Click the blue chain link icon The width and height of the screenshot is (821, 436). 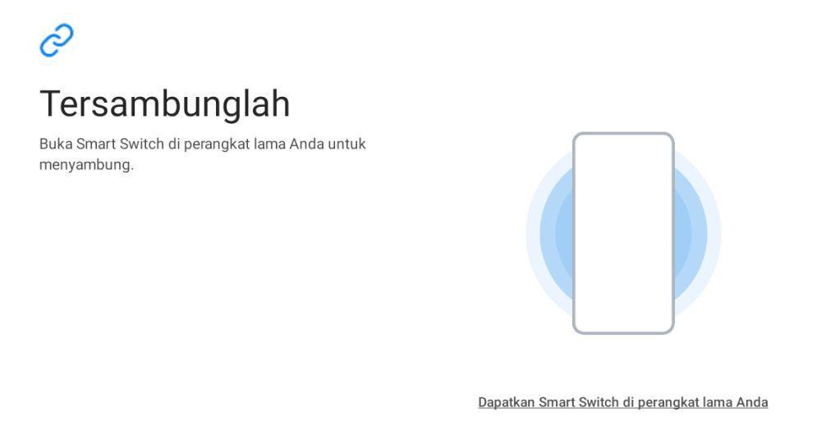(57, 39)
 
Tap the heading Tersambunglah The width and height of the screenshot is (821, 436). (164, 103)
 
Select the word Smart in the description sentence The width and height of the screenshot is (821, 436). (95, 144)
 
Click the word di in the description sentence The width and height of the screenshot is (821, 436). (173, 144)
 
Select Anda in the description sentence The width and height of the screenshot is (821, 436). (307, 144)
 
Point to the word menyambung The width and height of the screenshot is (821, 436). (86, 165)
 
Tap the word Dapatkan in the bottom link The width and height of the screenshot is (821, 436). (506, 402)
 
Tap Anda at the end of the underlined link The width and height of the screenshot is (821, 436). (752, 402)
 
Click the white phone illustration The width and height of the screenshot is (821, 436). (623, 233)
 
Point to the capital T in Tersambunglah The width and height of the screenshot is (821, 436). (51, 103)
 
